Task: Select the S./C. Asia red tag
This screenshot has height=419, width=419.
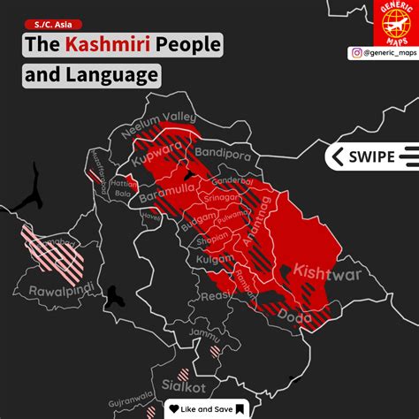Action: click(50, 24)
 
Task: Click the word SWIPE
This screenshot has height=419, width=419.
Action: click(372, 156)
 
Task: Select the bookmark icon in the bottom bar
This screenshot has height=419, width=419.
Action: click(239, 408)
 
